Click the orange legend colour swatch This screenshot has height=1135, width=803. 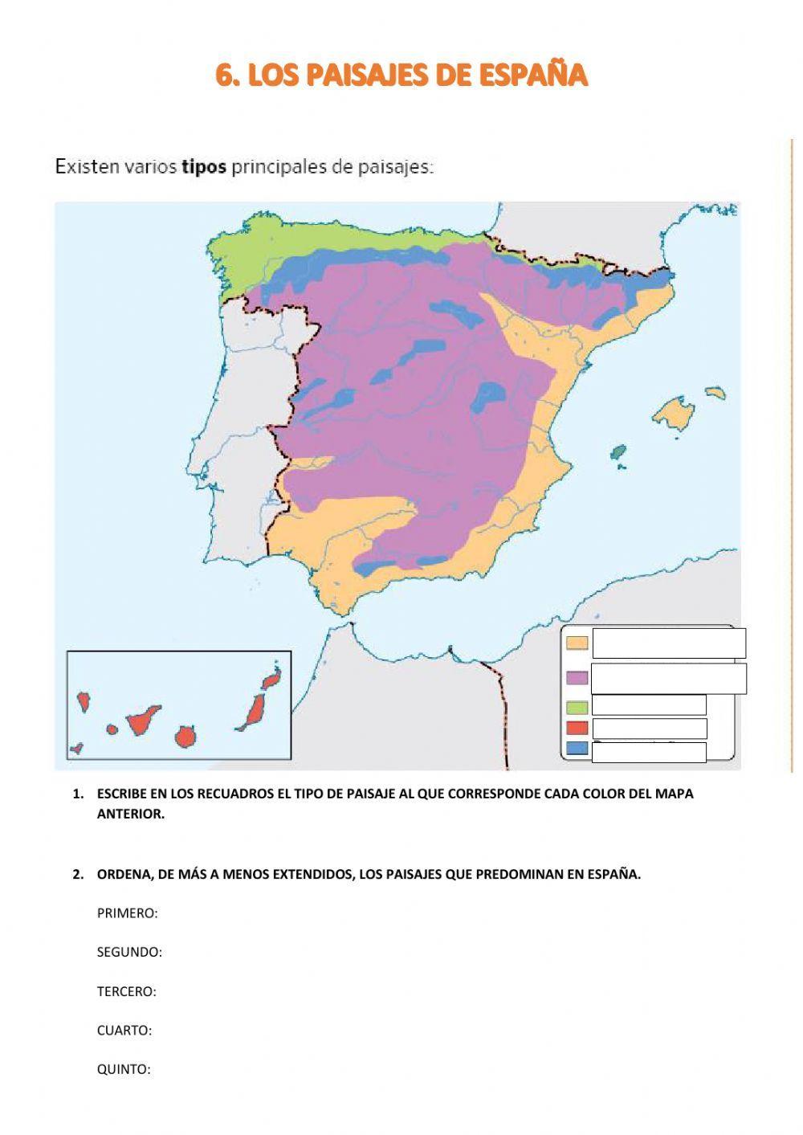click(x=577, y=643)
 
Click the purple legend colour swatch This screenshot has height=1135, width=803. click(x=577, y=678)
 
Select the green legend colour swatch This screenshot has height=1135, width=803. click(x=577, y=707)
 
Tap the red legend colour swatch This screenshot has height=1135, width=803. click(x=577, y=728)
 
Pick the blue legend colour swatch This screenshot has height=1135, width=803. click(x=577, y=749)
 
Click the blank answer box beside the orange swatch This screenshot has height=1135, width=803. click(x=668, y=643)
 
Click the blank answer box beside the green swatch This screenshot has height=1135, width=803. click(x=649, y=705)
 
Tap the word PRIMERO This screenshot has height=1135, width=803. click(x=127, y=913)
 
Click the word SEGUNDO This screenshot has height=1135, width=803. click(x=129, y=952)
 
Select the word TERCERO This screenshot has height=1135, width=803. click(x=126, y=991)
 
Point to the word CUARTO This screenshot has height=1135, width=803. click(x=124, y=1030)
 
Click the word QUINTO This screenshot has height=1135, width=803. click(x=124, y=1069)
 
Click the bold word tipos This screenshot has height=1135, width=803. click(x=204, y=167)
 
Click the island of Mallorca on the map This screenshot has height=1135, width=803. click(x=673, y=413)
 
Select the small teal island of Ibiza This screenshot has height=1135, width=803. click(x=618, y=453)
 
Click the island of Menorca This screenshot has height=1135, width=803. click(x=716, y=393)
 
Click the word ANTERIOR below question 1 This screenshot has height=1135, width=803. click(x=130, y=814)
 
